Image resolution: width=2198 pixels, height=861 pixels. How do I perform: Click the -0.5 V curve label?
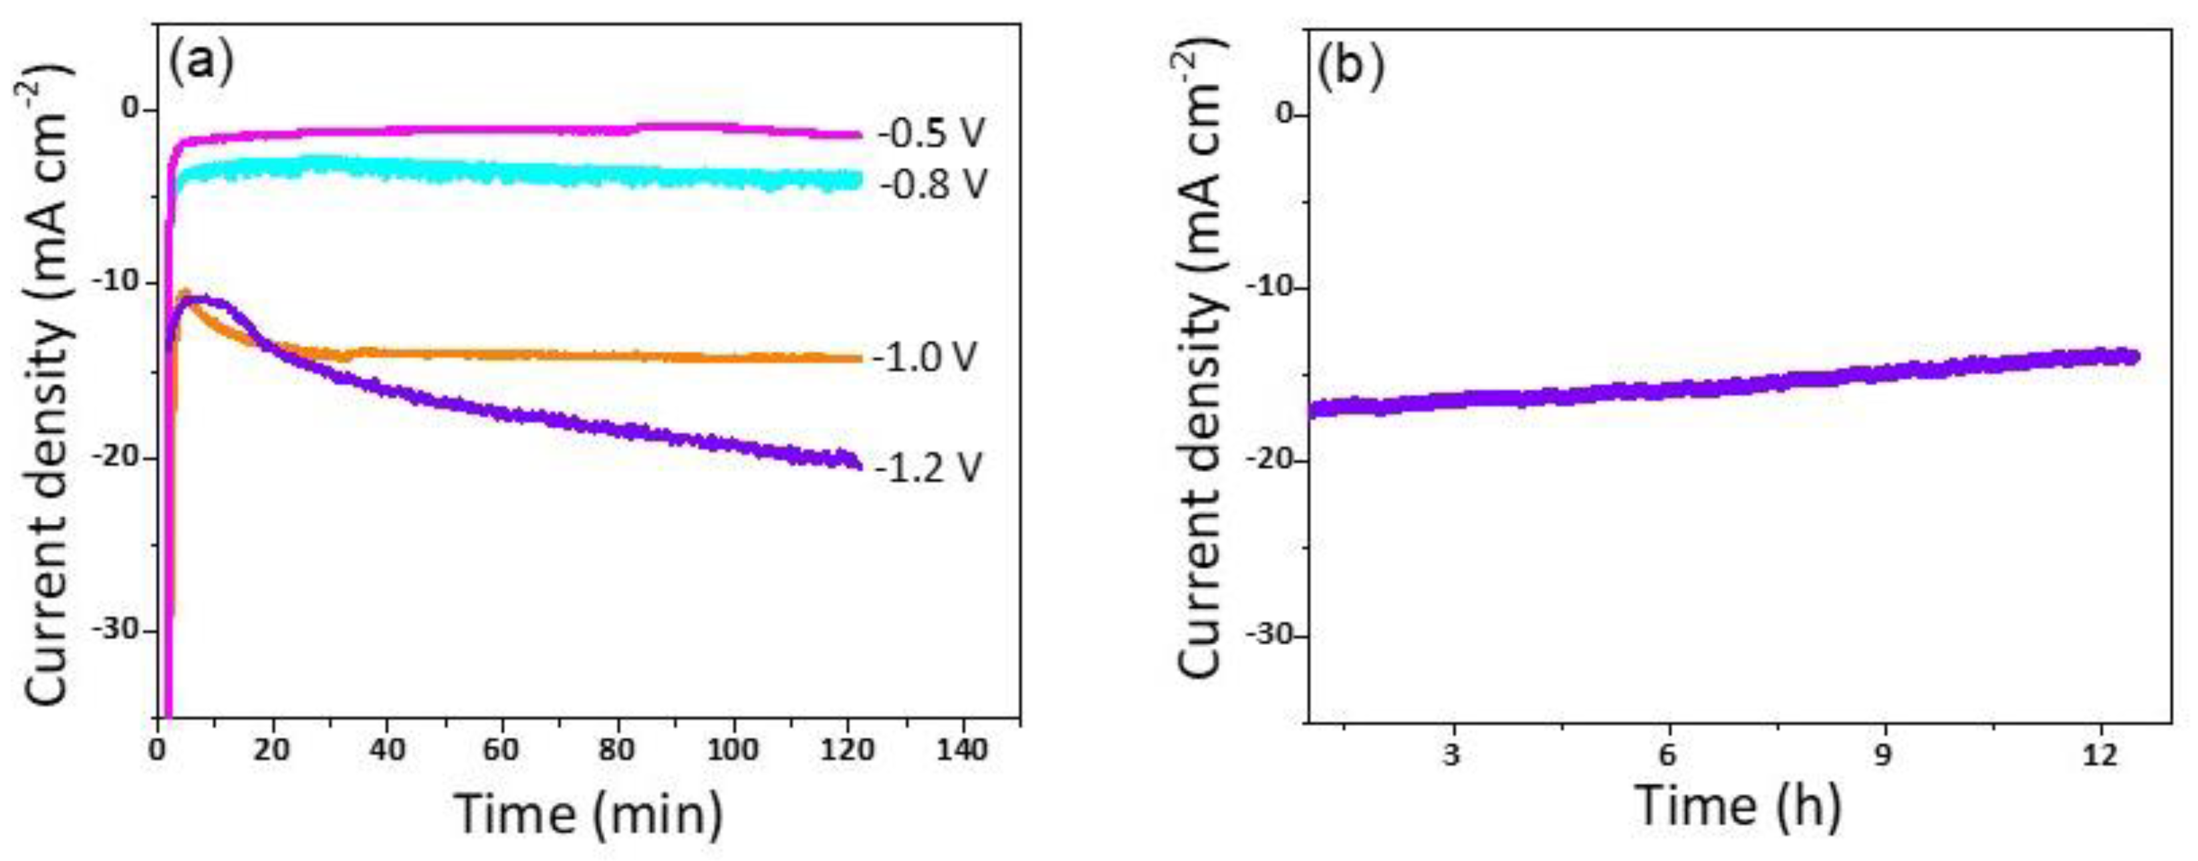click(931, 133)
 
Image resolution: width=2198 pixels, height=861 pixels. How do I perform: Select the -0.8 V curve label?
click(931, 184)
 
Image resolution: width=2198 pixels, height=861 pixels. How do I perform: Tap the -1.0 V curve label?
click(924, 358)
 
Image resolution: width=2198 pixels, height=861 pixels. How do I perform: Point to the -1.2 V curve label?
click(927, 467)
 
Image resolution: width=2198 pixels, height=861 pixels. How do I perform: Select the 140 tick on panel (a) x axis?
click(963, 751)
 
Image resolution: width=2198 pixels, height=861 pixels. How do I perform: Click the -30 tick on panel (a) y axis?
click(117, 630)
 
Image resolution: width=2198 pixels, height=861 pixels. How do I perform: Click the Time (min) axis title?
click(589, 813)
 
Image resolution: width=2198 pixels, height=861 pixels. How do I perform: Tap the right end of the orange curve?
click(860, 358)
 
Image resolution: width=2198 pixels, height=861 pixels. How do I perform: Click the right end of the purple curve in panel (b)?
click(2136, 356)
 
